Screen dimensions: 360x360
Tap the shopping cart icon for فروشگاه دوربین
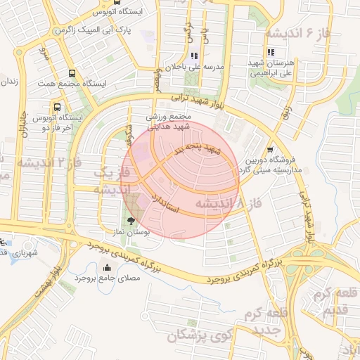270,149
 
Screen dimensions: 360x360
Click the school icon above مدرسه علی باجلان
194,56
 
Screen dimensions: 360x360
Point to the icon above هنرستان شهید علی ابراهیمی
271,52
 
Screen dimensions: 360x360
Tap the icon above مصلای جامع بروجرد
107,267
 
